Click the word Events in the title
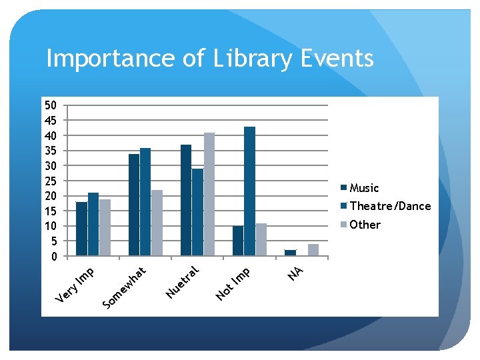coord(337,59)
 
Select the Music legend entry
coord(364,188)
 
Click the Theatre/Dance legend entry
coord(390,206)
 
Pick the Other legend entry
coord(365,225)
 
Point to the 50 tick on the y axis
coord(51,105)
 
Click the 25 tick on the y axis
coord(51,181)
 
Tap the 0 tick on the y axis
coord(54,256)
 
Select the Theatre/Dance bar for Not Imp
coord(249,191)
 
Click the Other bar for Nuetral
coord(209,194)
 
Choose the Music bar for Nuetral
coord(186,200)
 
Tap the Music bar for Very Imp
coord(81,229)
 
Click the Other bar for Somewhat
coord(157,223)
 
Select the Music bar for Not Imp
coord(238,241)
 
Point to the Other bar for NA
coord(313,250)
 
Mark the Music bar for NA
coord(290,253)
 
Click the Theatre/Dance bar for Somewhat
coord(145,201)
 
